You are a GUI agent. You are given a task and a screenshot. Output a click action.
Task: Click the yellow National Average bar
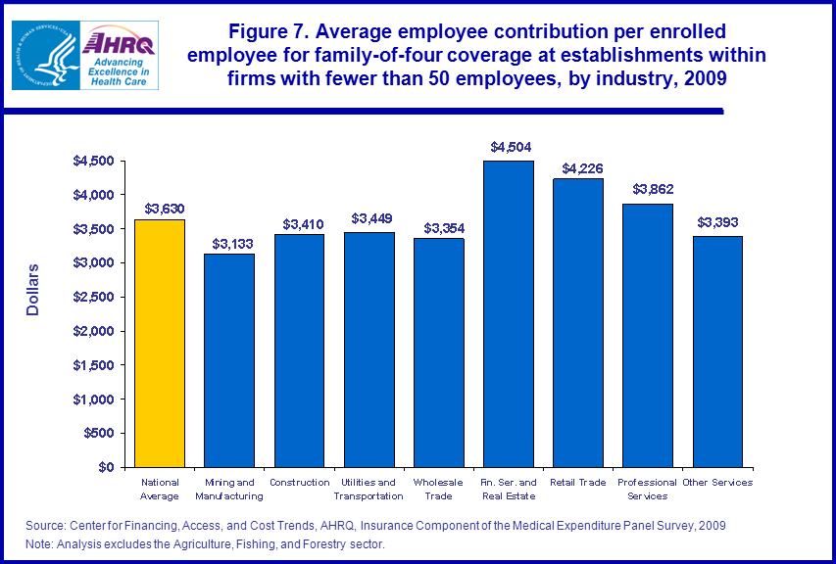click(160, 343)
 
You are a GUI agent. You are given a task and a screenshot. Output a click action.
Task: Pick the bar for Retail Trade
click(578, 323)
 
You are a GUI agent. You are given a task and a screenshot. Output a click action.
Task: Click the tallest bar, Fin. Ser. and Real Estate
click(509, 313)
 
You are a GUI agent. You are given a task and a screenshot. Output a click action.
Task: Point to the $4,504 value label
click(509, 147)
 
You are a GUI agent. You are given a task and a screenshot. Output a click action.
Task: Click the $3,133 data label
click(229, 241)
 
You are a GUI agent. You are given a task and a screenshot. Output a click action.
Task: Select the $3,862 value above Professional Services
click(649, 189)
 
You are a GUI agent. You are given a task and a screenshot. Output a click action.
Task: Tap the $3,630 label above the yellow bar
click(160, 208)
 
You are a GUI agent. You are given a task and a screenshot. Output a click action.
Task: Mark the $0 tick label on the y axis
click(108, 467)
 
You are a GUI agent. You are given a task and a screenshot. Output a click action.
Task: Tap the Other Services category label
click(718, 483)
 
